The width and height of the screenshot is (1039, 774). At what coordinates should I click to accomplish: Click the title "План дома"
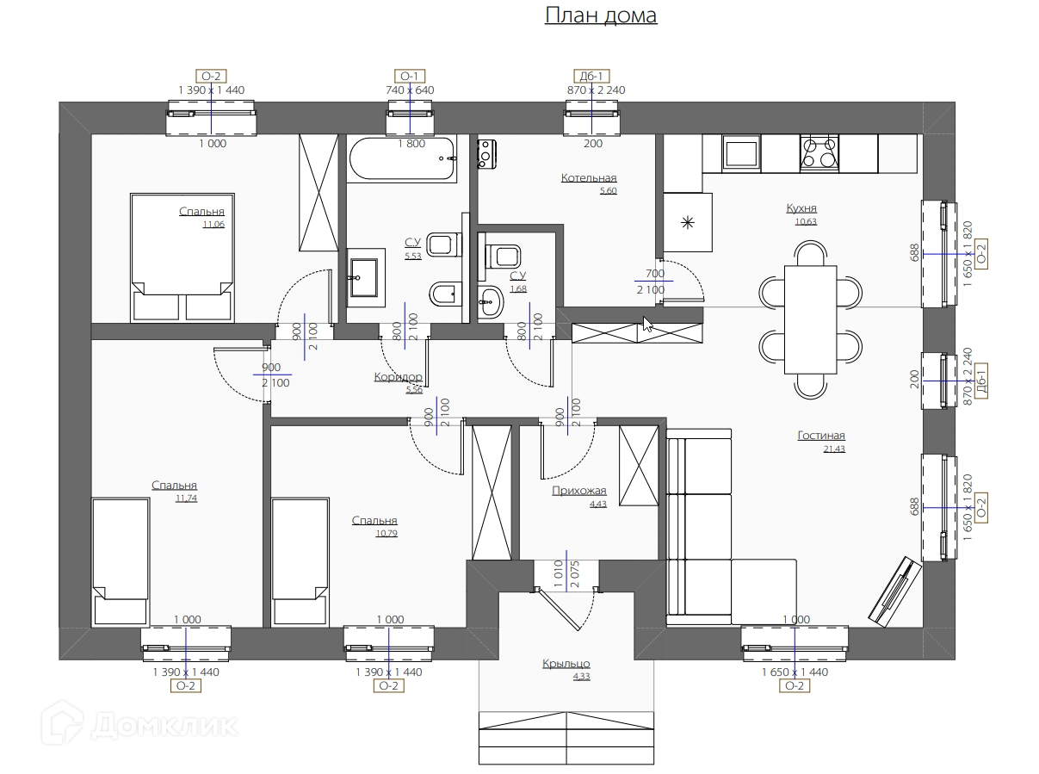(601, 15)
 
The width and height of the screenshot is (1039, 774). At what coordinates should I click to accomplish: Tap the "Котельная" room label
(589, 178)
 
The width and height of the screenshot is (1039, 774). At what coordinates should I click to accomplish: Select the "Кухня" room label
(801, 208)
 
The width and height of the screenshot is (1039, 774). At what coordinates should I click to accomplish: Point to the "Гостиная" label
(820, 436)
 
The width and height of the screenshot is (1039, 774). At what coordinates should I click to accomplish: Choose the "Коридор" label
(398, 377)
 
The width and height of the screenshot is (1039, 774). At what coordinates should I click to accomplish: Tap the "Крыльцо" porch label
(566, 663)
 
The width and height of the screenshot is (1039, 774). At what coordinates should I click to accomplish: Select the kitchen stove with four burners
(819, 152)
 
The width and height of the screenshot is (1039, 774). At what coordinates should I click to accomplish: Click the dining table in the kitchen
(810, 319)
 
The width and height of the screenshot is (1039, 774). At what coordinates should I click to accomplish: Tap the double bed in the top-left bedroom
(182, 257)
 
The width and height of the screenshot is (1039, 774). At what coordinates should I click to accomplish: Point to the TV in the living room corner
(895, 591)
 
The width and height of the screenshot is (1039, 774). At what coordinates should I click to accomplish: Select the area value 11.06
(213, 225)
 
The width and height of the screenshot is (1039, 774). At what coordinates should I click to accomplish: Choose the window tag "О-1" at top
(410, 77)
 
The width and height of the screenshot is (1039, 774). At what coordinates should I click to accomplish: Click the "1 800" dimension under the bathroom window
(411, 144)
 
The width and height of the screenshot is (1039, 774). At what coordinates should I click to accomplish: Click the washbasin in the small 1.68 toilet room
(491, 301)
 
